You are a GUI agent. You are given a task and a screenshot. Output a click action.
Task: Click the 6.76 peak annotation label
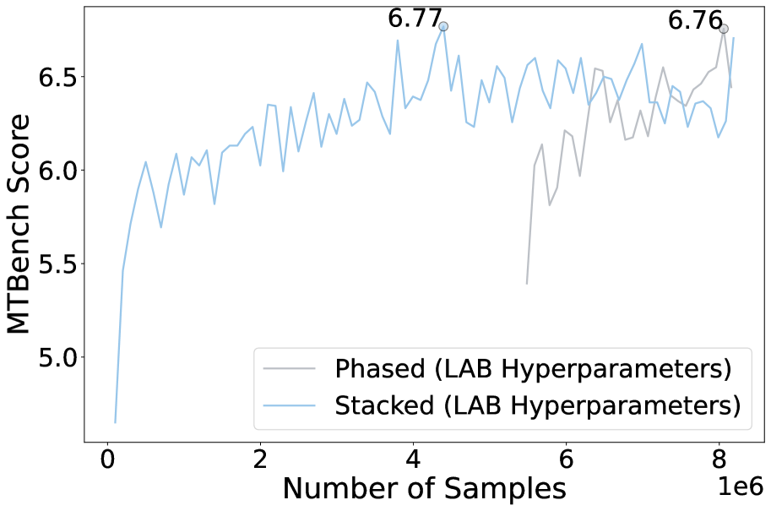tap(695, 20)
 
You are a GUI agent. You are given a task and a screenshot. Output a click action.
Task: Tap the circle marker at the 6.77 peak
tap(443, 26)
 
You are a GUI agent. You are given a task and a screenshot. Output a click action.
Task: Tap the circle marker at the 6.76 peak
tap(724, 29)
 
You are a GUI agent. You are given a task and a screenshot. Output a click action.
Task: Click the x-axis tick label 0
tap(107, 464)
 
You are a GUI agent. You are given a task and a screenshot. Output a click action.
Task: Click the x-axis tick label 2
tap(260, 464)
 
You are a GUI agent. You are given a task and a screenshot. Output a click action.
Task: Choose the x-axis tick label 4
tap(413, 464)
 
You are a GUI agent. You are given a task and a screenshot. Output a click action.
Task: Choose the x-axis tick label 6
tap(566, 464)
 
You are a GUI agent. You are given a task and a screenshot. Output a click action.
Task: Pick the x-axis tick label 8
tap(719, 464)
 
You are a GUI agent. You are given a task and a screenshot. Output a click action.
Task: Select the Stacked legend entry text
tap(537, 405)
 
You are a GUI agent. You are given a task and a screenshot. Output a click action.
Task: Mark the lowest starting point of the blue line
tap(115, 421)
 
